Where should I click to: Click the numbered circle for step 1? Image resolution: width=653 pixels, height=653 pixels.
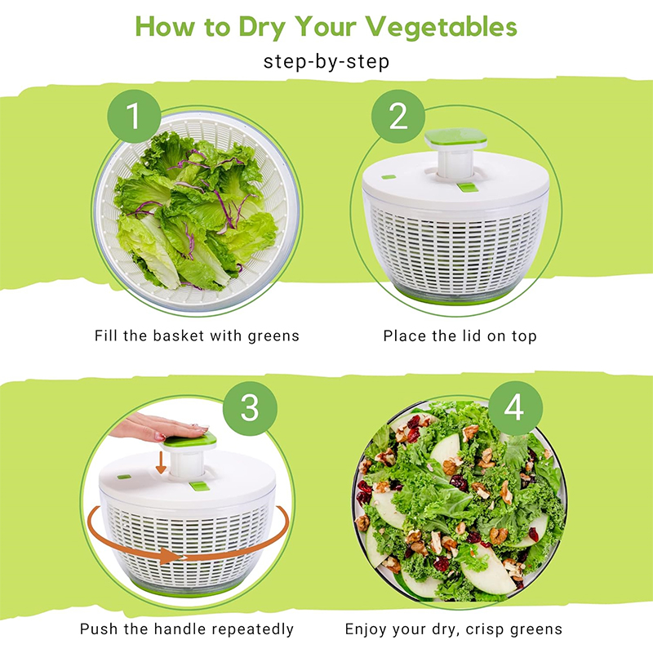pyautogui.click(x=134, y=116)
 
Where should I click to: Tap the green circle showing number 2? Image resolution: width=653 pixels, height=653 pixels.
pyautogui.click(x=398, y=116)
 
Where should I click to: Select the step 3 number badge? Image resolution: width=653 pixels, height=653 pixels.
pyautogui.click(x=250, y=408)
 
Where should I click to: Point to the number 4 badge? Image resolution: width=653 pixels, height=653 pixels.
pyautogui.click(x=515, y=408)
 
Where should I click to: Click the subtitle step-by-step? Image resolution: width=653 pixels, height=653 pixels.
pyautogui.click(x=326, y=62)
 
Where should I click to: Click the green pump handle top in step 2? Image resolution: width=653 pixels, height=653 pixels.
pyautogui.click(x=456, y=138)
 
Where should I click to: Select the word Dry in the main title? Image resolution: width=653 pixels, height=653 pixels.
pyautogui.click(x=262, y=28)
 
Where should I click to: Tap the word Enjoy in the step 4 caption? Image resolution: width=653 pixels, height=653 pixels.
pyautogui.click(x=366, y=629)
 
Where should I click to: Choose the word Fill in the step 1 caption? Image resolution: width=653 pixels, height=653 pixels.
pyautogui.click(x=106, y=335)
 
